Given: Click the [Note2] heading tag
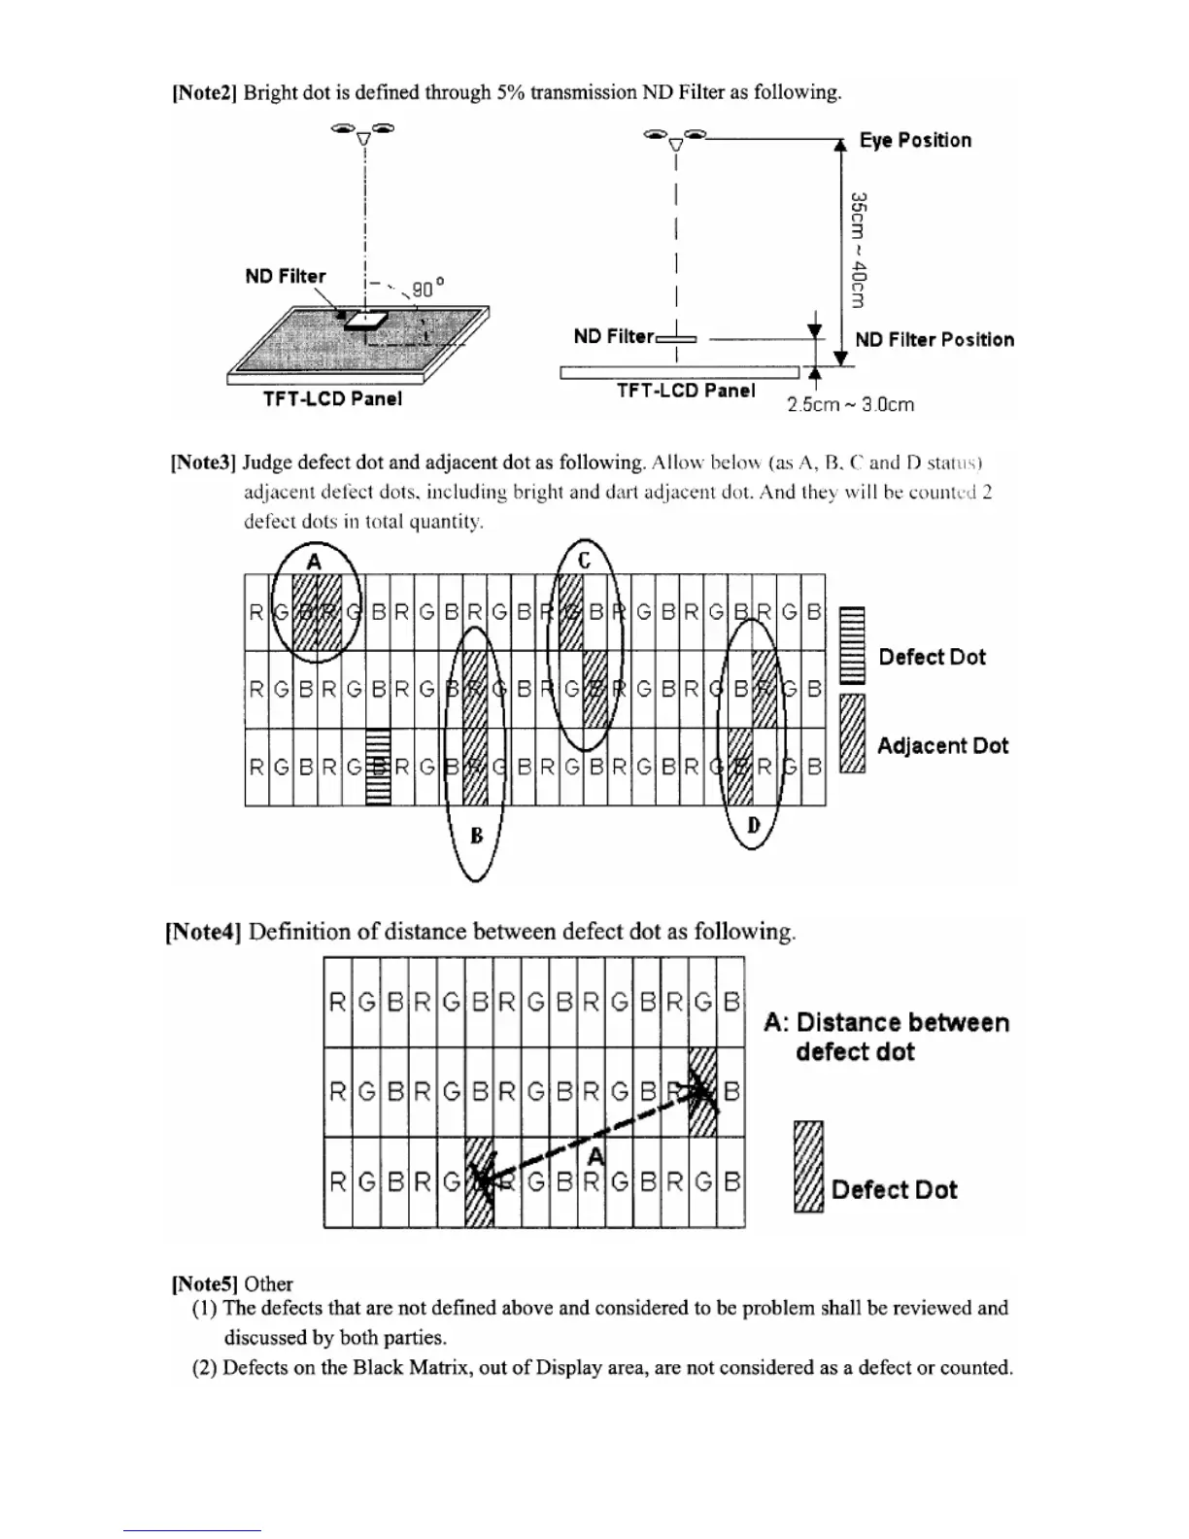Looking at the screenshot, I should [204, 92].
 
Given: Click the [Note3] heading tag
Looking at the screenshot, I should [204, 462].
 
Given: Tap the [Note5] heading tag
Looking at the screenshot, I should [204, 1283].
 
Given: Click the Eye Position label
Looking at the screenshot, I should [915, 140].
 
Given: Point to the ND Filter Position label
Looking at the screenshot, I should [934, 339].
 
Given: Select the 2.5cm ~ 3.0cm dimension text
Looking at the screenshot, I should [850, 404].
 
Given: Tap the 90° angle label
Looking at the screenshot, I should [427, 289].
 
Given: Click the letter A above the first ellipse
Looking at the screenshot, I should [314, 561].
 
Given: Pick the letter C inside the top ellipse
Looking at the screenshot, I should [585, 561].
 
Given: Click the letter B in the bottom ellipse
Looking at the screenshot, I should [476, 835].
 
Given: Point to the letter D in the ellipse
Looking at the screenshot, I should [753, 826].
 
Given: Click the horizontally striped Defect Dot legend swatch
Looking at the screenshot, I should [851, 645].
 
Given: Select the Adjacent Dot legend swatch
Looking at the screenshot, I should [852, 734].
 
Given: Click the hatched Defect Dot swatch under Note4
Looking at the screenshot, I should [808, 1166].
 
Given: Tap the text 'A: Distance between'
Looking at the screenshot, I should [886, 1022].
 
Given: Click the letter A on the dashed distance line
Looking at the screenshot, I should [595, 1155].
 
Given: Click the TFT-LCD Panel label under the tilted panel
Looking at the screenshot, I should [332, 398].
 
